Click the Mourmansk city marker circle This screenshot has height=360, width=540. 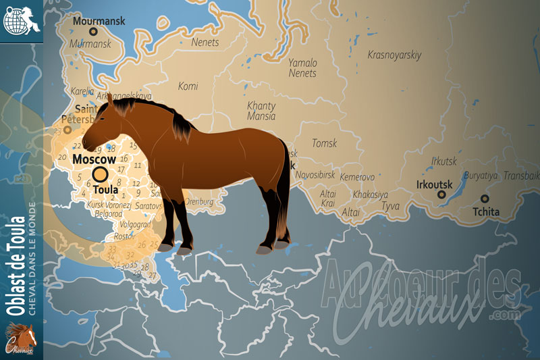(94, 32)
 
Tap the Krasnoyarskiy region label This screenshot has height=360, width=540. (394, 55)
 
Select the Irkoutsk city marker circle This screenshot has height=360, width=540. (441, 195)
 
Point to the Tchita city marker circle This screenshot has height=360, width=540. (484, 199)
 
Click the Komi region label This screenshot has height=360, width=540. (188, 86)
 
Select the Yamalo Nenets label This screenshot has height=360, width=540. (302, 68)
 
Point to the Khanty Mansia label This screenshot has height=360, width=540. (261, 110)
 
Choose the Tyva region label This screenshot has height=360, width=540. (390, 206)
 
